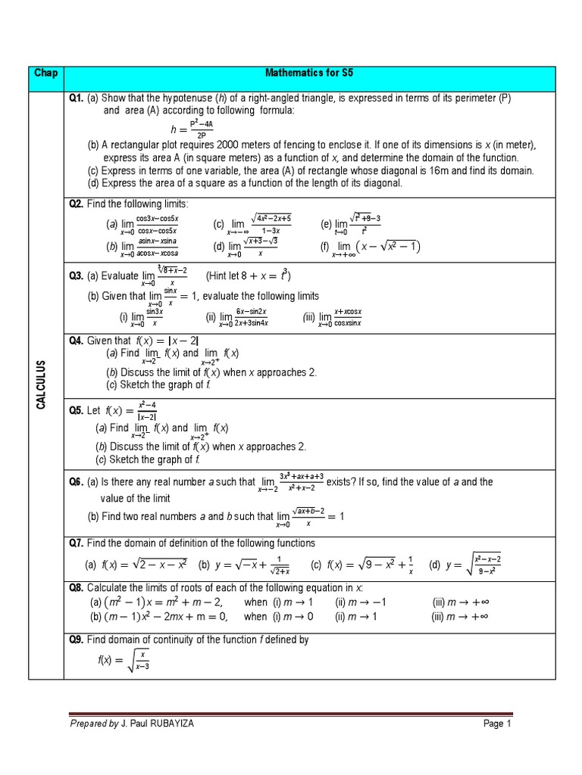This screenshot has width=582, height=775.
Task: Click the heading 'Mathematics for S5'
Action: coord(310,74)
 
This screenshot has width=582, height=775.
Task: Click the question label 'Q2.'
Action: coord(77,204)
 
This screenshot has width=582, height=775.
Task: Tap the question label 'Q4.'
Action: coord(77,341)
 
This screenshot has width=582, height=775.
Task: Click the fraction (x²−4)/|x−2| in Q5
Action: coord(146,412)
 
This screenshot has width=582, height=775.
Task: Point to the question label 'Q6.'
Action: coord(77,481)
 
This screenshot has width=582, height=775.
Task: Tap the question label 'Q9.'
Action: coord(77,640)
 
